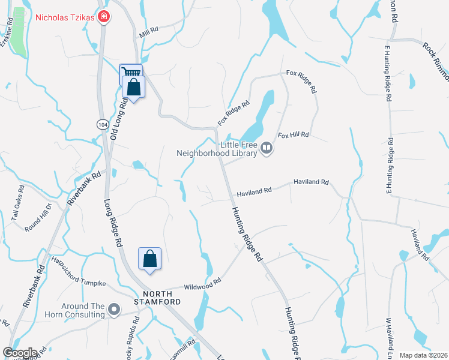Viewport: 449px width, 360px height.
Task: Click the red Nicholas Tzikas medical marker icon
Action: pos(104,16)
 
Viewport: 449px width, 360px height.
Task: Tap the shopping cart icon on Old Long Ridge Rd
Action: pos(131,72)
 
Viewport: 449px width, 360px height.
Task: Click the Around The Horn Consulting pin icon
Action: pos(114,310)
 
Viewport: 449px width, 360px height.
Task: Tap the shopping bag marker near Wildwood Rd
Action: pos(149,259)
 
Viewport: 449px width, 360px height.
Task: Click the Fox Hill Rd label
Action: pos(293,135)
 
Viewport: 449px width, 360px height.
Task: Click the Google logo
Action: pos(20,353)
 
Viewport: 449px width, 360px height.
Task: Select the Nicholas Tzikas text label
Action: pos(65,17)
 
